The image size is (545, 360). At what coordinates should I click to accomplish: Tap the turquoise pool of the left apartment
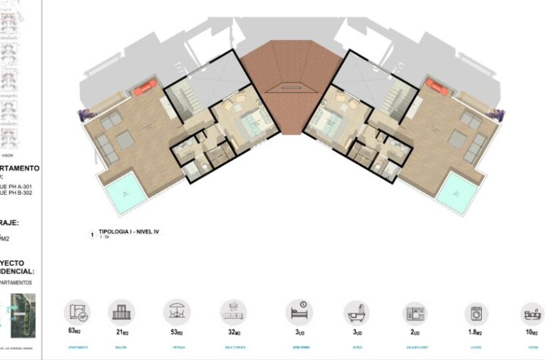(125, 192)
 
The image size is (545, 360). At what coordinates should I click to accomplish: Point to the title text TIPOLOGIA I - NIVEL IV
(128, 232)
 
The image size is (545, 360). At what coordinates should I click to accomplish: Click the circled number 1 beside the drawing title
(92, 234)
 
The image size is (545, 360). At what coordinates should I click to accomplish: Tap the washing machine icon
(476, 313)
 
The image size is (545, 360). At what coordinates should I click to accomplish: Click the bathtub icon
(356, 313)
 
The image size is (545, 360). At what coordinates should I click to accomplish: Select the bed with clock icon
(298, 312)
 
